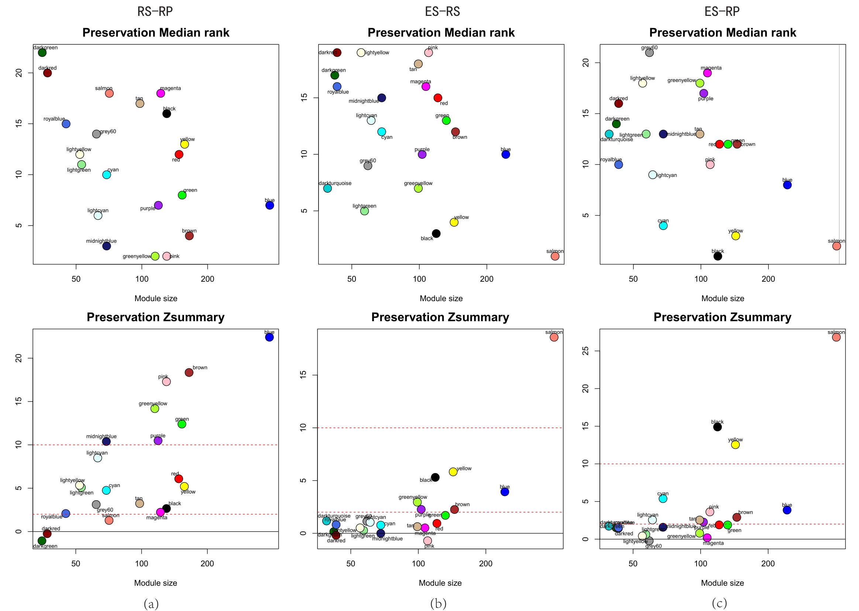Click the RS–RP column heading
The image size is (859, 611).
pos(155,12)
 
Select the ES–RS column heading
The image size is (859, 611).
pos(442,12)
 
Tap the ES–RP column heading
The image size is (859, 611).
pos(722,12)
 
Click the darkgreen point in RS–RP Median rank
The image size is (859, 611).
pos(42,53)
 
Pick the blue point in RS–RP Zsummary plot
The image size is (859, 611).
pos(269,337)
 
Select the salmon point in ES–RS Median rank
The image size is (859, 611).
pos(555,256)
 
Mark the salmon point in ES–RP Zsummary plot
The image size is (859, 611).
pos(836,337)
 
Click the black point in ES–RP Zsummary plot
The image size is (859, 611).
pos(717,427)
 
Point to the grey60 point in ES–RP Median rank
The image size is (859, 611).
pos(649,53)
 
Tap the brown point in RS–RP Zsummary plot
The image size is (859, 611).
pos(189,373)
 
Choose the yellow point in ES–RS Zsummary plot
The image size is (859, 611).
pos(453,472)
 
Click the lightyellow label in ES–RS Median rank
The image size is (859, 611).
pos(377,53)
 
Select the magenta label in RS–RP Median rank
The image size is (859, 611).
pos(171,88)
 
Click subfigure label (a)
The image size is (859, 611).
pos(151,604)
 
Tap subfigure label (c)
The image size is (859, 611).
pos(719,604)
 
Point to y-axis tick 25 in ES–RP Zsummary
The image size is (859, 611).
pos(585,351)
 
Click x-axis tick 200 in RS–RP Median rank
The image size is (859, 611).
pos(207,279)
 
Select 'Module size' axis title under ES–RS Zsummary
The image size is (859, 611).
pos(440,583)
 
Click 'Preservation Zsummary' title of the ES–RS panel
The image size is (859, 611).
pos(440,317)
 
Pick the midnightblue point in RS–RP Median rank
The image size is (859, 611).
pos(106,246)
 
